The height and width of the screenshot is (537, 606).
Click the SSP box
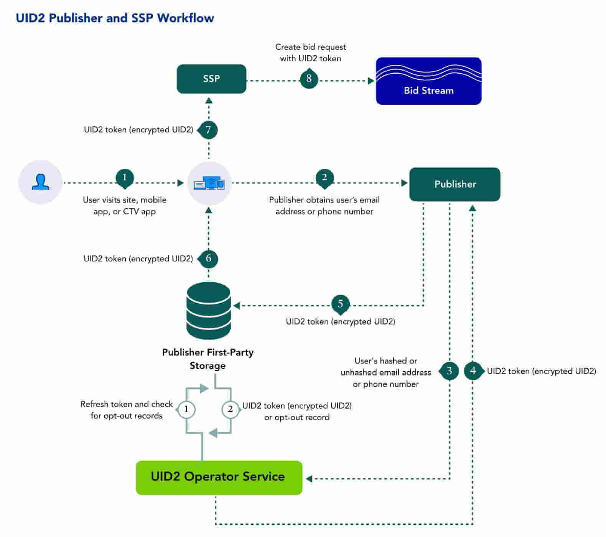(x=211, y=79)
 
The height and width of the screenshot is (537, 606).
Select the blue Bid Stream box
(x=428, y=81)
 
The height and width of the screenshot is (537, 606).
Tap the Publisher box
(x=454, y=184)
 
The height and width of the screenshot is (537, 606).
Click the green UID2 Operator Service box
(x=219, y=478)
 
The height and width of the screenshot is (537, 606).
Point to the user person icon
(x=40, y=182)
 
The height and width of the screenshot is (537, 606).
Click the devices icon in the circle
(x=209, y=183)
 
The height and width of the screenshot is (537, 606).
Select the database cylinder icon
(x=209, y=311)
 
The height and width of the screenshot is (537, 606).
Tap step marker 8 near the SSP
(x=309, y=79)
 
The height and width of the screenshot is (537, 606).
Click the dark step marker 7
(x=208, y=130)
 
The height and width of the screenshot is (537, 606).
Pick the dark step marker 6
(x=208, y=259)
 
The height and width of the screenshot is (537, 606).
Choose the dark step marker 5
(x=340, y=304)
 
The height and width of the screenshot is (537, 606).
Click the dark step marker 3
(x=449, y=371)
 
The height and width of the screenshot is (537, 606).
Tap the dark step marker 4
(x=473, y=371)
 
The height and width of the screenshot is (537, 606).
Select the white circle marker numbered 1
(x=186, y=409)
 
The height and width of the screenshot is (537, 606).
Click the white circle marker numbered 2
(x=231, y=409)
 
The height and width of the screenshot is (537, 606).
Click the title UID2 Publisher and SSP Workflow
(x=115, y=18)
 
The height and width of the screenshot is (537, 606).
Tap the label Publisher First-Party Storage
(x=207, y=359)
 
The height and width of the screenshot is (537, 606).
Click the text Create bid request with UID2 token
(x=310, y=53)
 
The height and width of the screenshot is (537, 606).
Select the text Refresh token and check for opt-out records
(x=127, y=410)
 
